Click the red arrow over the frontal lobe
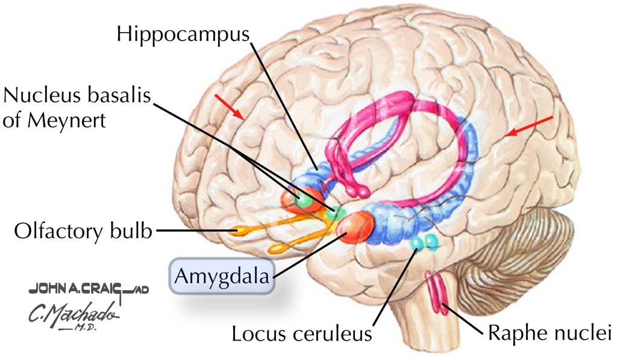231,106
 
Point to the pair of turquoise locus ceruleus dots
424,242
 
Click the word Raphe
511,332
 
